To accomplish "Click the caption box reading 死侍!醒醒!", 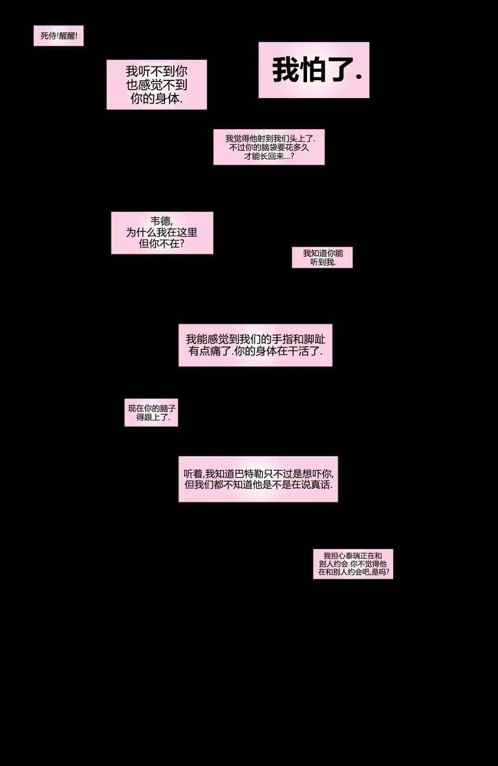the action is [59, 36].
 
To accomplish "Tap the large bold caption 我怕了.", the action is [314, 70].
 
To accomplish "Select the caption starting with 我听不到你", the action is [157, 85].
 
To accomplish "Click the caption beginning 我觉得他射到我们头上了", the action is [269, 147].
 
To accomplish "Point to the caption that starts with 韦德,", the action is [162, 232].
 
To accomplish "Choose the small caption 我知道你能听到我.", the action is [322, 257].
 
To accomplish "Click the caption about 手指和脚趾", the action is [255, 345].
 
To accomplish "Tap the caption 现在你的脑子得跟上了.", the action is [151, 413].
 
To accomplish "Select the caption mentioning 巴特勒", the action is [258, 479].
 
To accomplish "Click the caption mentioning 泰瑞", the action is [353, 564].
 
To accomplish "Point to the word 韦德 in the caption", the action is [161, 221].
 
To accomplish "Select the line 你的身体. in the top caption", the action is [157, 99].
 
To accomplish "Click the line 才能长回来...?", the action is [269, 156].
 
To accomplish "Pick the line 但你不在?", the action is [162, 243].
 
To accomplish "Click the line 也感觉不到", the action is [157, 85].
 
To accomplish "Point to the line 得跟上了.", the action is [153, 417].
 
